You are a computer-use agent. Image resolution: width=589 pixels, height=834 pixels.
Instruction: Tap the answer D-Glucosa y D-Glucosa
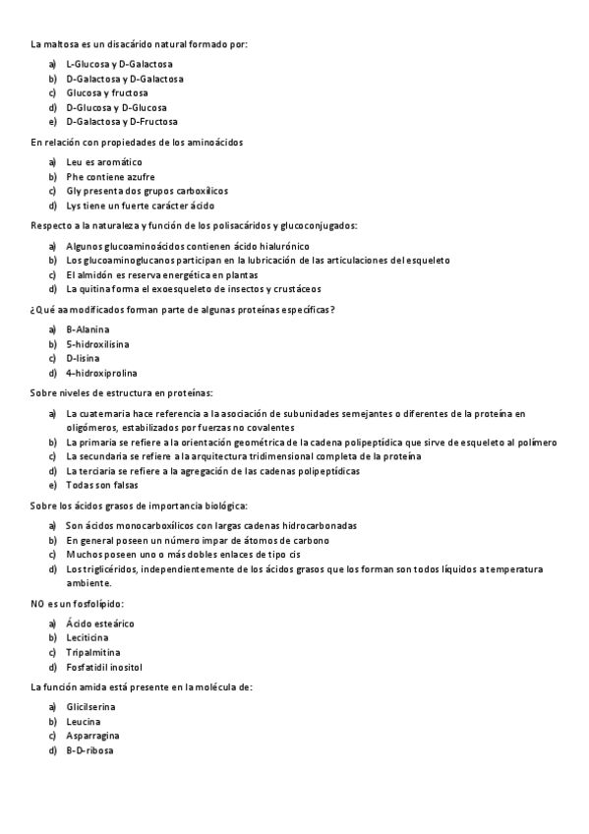[x=116, y=107]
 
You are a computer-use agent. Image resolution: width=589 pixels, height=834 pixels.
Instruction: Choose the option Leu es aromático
[x=103, y=161]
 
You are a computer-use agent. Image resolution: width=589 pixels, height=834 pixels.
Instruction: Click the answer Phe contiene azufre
[x=110, y=177]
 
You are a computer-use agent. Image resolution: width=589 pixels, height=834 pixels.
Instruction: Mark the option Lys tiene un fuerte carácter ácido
[x=140, y=207]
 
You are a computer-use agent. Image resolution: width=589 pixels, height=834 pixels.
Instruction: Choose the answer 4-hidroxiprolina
[x=101, y=374]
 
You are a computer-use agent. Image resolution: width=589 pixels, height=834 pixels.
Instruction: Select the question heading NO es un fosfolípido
[x=78, y=603]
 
